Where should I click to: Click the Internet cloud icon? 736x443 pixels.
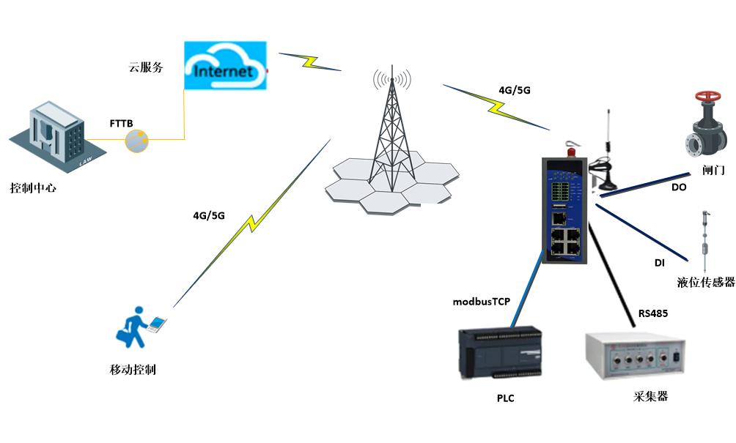point(224,66)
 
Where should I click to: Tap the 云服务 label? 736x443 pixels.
point(145,67)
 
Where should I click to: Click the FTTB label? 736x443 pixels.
point(121,124)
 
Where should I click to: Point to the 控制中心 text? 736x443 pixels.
point(33,188)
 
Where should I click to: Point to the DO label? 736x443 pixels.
point(679,187)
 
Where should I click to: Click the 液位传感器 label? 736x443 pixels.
point(705,282)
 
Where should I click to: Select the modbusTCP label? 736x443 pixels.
point(481,301)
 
